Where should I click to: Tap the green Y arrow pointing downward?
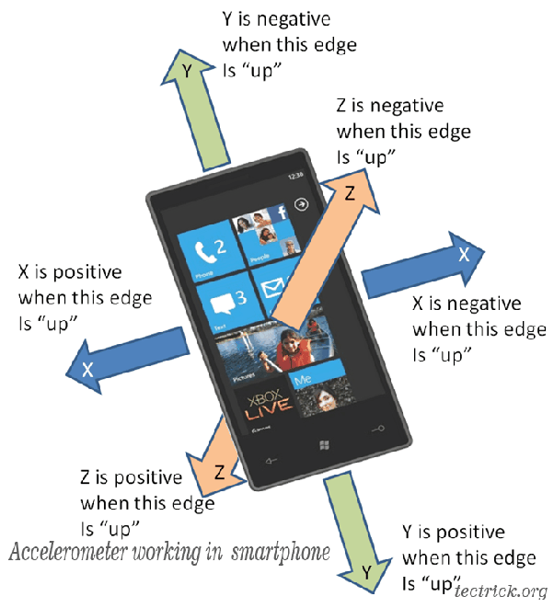point(354,543)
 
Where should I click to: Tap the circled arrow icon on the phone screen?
point(300,205)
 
